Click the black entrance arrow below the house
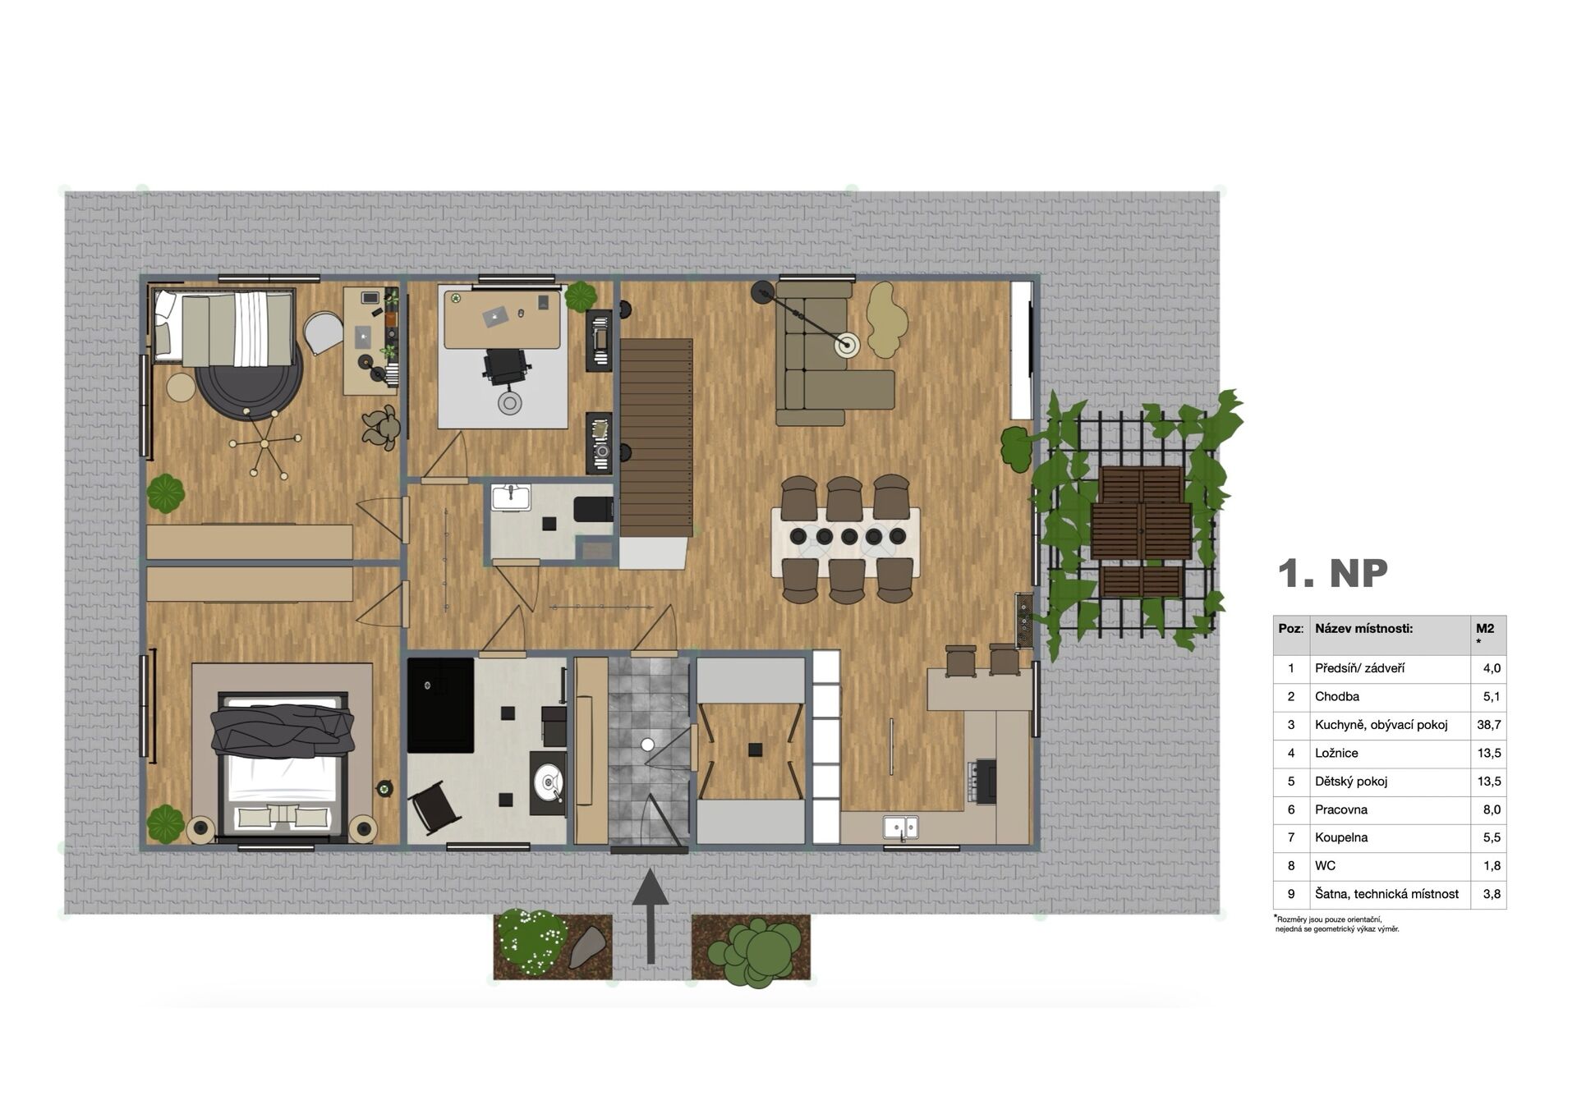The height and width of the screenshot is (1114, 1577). (651, 916)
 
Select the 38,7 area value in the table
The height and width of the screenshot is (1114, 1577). (1488, 725)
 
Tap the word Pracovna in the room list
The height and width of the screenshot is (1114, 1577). (1340, 809)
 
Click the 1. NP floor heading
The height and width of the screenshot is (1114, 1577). (1332, 573)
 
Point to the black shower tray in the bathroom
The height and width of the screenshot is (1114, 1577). (440, 705)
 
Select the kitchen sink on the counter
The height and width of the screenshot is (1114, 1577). (901, 827)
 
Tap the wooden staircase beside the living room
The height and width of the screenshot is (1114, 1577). (655, 438)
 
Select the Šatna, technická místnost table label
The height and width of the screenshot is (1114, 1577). (1386, 894)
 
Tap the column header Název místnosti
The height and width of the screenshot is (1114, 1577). (1363, 629)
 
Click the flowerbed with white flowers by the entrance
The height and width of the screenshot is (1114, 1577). (552, 947)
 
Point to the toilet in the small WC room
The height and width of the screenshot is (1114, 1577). (593, 509)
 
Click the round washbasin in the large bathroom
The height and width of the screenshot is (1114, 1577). (548, 780)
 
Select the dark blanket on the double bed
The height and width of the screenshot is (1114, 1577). (282, 730)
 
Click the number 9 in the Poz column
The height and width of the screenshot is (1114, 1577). (1291, 894)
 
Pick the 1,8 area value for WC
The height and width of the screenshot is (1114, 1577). (1492, 865)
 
